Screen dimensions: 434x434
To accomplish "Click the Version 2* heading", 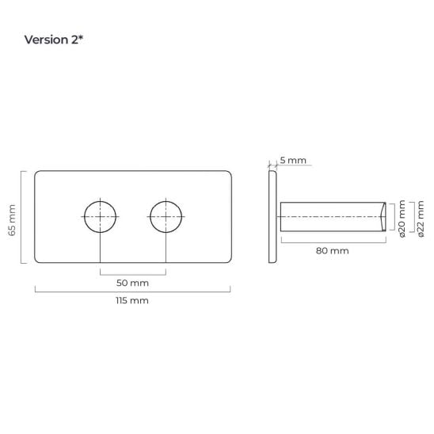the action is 53,40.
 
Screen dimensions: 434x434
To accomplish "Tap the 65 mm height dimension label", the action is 12,220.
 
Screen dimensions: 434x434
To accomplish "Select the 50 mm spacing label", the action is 132,283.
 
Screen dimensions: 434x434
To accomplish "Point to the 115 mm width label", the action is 132,300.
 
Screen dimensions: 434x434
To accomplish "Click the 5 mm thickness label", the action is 293,160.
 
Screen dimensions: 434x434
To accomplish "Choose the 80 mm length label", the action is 332,251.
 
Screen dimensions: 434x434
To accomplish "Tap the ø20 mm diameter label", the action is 402,219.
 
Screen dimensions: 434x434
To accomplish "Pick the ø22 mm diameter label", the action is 421,219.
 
